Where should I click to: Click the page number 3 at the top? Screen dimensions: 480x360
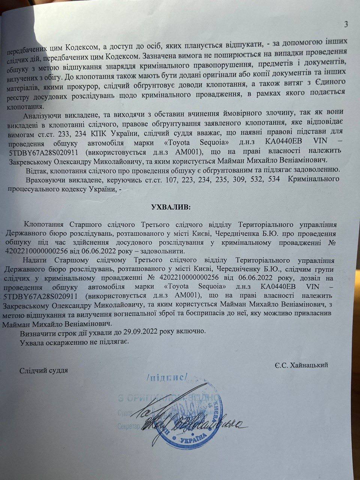346,25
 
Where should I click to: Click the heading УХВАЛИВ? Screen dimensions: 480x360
170,207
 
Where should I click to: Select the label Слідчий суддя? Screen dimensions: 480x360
44,370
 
